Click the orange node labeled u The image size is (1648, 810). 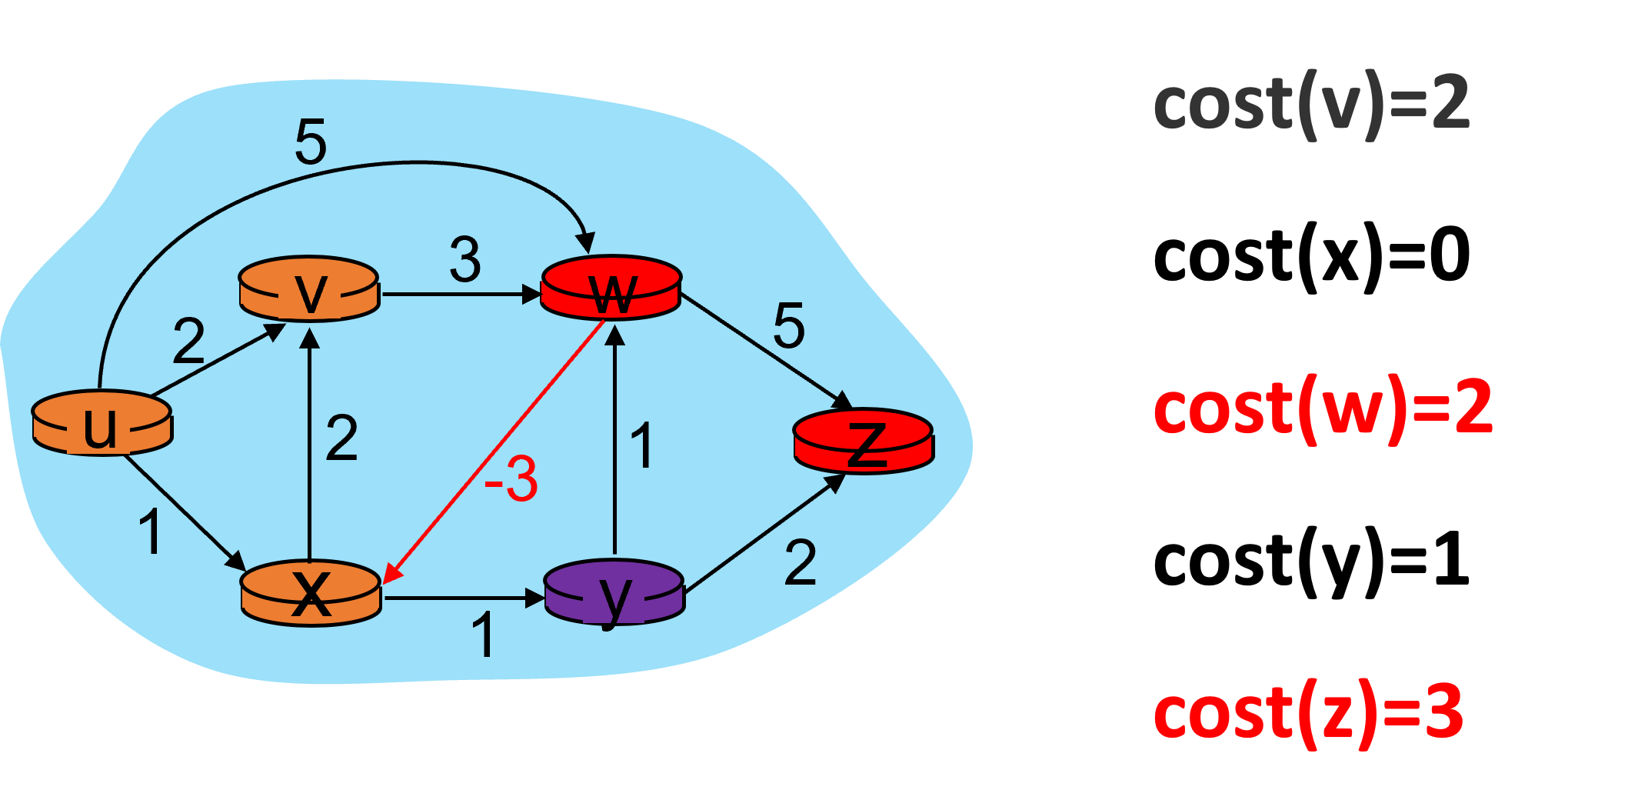coord(102,423)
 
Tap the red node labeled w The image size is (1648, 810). coord(611,288)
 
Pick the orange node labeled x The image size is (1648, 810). coord(311,592)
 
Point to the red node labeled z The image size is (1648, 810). coord(864,442)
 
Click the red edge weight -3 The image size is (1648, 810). coord(511,478)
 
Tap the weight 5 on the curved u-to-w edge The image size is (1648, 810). coord(311,142)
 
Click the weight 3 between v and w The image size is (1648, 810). coord(465,260)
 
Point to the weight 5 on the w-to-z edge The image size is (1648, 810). coord(789,325)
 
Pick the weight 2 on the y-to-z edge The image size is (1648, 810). coord(800,563)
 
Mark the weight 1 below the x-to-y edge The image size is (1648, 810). coord(483,635)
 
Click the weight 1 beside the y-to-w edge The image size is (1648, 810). coord(641,445)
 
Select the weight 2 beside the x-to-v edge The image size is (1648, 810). coord(341,438)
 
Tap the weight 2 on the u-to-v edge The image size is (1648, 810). coord(188,341)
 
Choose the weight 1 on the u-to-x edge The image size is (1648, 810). coord(151,532)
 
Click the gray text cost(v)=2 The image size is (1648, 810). coord(1311,106)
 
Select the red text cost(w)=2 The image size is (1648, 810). coord(1323,409)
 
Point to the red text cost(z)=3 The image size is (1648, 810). coord(1307,714)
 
